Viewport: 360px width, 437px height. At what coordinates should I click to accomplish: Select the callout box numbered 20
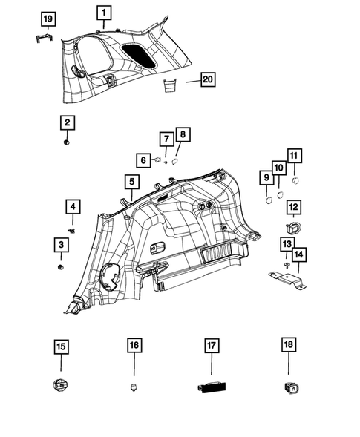(207, 79)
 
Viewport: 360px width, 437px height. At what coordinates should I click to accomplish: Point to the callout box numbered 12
(294, 206)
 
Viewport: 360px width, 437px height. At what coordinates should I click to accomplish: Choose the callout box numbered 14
(298, 256)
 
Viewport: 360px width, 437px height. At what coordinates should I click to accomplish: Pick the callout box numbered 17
(211, 345)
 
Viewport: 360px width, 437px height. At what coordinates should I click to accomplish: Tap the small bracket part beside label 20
(168, 86)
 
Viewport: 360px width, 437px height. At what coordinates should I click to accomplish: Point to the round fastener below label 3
(61, 266)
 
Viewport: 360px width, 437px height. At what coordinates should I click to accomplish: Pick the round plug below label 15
(60, 385)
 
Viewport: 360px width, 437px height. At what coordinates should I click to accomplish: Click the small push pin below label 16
(134, 387)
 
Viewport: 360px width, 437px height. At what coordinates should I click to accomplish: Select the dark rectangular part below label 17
(210, 387)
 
